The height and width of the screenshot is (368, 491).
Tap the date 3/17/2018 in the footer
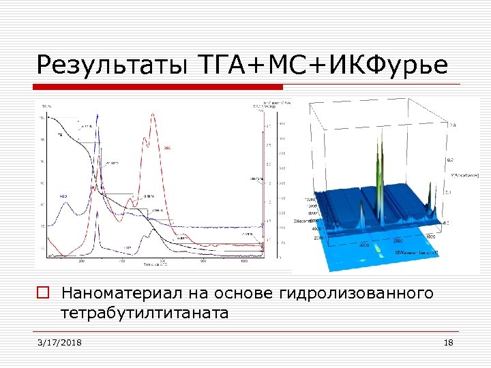click(60, 342)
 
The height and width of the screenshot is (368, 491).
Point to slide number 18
click(448, 342)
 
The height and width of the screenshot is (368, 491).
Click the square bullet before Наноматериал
click(42, 294)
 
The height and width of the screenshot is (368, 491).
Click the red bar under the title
click(160, 87)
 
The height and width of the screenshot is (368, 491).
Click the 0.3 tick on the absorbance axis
click(451, 125)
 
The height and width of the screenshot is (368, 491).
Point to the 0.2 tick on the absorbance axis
click(450, 159)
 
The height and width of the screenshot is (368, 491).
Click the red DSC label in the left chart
click(168, 148)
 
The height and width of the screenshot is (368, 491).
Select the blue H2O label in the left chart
click(63, 196)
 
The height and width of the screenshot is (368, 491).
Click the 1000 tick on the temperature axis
click(243, 261)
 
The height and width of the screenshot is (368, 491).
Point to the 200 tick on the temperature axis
click(82, 261)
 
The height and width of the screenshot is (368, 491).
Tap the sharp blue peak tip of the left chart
click(99, 114)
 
